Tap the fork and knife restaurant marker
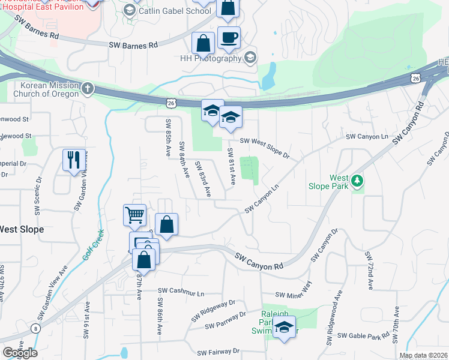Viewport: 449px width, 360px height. [74, 160]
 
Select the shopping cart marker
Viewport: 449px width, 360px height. [134, 214]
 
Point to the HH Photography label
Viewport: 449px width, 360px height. [211, 58]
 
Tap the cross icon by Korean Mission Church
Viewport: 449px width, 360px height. [88, 89]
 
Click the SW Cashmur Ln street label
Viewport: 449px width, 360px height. [181, 292]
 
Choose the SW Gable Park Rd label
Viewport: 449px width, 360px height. [363, 337]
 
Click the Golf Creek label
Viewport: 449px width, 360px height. [92, 245]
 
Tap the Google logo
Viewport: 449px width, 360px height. [20, 353]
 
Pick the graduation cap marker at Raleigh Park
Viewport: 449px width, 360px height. [284, 328]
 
